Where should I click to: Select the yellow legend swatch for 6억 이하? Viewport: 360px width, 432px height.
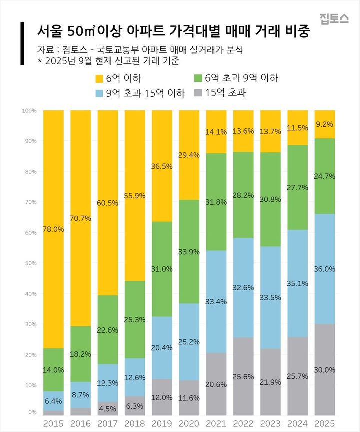98,78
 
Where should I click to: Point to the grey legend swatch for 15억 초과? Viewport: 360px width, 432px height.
198,92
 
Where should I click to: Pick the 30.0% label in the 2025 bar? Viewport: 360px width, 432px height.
325,370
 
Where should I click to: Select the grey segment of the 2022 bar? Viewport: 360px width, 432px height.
243,376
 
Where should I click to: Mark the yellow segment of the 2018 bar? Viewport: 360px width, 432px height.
135,195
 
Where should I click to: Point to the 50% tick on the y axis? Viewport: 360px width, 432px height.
30,263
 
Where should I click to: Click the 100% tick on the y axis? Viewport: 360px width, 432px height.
29,110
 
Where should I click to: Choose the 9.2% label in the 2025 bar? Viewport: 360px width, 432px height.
325,124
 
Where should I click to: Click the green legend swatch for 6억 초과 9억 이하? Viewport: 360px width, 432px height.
198,78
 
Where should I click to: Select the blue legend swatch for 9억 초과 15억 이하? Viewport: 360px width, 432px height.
98,92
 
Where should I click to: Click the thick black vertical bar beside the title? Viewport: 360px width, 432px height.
22,43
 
